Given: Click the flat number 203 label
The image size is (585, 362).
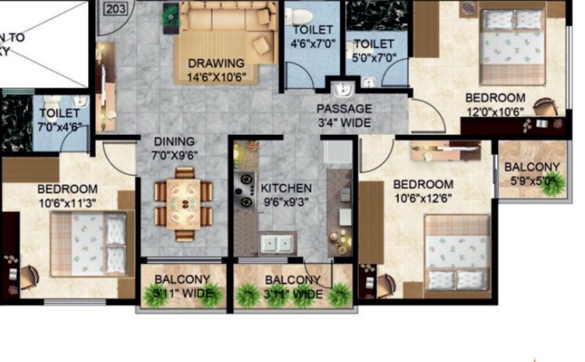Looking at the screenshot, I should coord(115,9).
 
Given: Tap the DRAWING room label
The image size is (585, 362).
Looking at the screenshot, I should coord(216,63).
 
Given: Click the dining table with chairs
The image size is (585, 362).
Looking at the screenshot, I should coord(183,201).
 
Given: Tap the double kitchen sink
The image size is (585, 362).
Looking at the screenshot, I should coord(278,243).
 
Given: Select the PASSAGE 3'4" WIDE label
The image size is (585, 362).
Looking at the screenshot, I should coord(344,115).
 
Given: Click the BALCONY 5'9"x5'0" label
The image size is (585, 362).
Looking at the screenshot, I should coord(532,173).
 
